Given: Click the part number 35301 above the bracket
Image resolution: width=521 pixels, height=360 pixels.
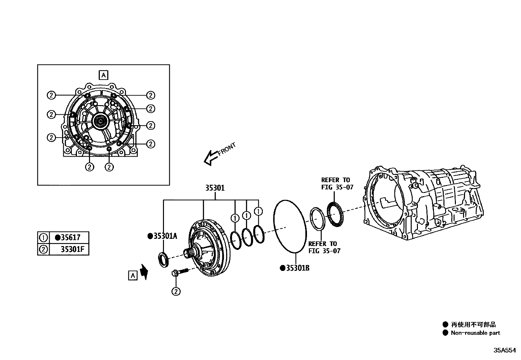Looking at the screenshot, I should (x=215, y=188).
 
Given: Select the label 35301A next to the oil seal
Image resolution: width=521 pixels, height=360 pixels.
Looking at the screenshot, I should (x=165, y=236).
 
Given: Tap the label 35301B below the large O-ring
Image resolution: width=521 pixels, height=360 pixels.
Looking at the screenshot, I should (x=297, y=268).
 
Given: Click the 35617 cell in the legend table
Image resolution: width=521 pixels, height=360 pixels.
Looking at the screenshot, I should (x=70, y=237).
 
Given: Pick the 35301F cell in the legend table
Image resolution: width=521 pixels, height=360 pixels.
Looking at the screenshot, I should (x=72, y=250).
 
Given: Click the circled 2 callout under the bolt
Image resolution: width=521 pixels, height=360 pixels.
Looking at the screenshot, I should (x=176, y=291).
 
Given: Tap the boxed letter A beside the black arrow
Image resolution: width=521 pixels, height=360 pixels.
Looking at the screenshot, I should (x=133, y=275).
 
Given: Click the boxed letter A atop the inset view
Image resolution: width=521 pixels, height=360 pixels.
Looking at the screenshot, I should (x=103, y=75).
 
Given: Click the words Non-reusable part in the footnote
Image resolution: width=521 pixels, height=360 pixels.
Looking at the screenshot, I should (x=475, y=333).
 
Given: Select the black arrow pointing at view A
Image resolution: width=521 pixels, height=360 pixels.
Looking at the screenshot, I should (x=143, y=272).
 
